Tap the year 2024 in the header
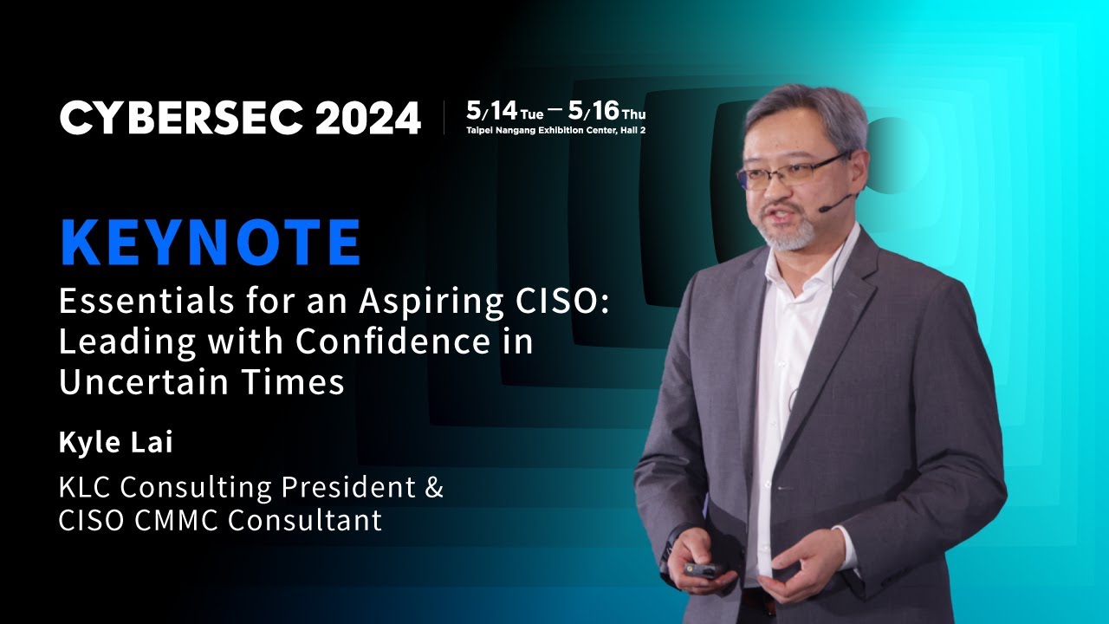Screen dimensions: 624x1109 [x=367, y=118]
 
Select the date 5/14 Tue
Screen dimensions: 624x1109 [x=504, y=112]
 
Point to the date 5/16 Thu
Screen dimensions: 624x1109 [x=606, y=112]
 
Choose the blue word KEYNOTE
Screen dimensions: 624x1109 [x=210, y=244]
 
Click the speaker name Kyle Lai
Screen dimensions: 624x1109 [x=116, y=442]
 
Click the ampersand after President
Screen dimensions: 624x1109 [x=434, y=487]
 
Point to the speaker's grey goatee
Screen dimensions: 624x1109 [x=790, y=234]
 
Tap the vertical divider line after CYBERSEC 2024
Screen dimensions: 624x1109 [x=444, y=118]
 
